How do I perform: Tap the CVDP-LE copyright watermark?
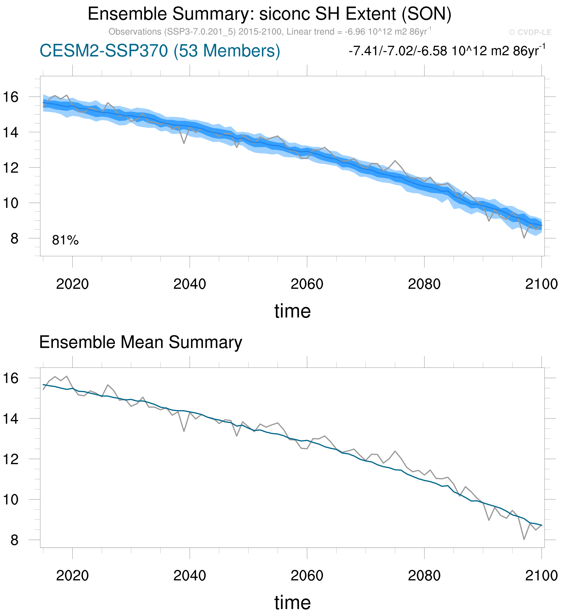pos(530,32)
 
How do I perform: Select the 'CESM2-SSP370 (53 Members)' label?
pos(160,51)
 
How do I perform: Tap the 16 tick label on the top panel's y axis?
pos(11,97)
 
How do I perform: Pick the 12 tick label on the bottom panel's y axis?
pos(11,460)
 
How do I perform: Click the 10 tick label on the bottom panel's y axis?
pos(11,500)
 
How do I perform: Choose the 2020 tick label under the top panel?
pos(72,284)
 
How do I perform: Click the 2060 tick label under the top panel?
pos(307,284)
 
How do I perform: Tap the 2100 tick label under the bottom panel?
pos(541,576)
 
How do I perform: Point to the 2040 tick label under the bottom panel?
pos(190,576)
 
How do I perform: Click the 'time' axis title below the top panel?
pos(292,311)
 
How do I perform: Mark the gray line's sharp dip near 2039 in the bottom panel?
pos(184,431)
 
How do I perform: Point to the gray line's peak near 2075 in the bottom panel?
pos(395,451)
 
